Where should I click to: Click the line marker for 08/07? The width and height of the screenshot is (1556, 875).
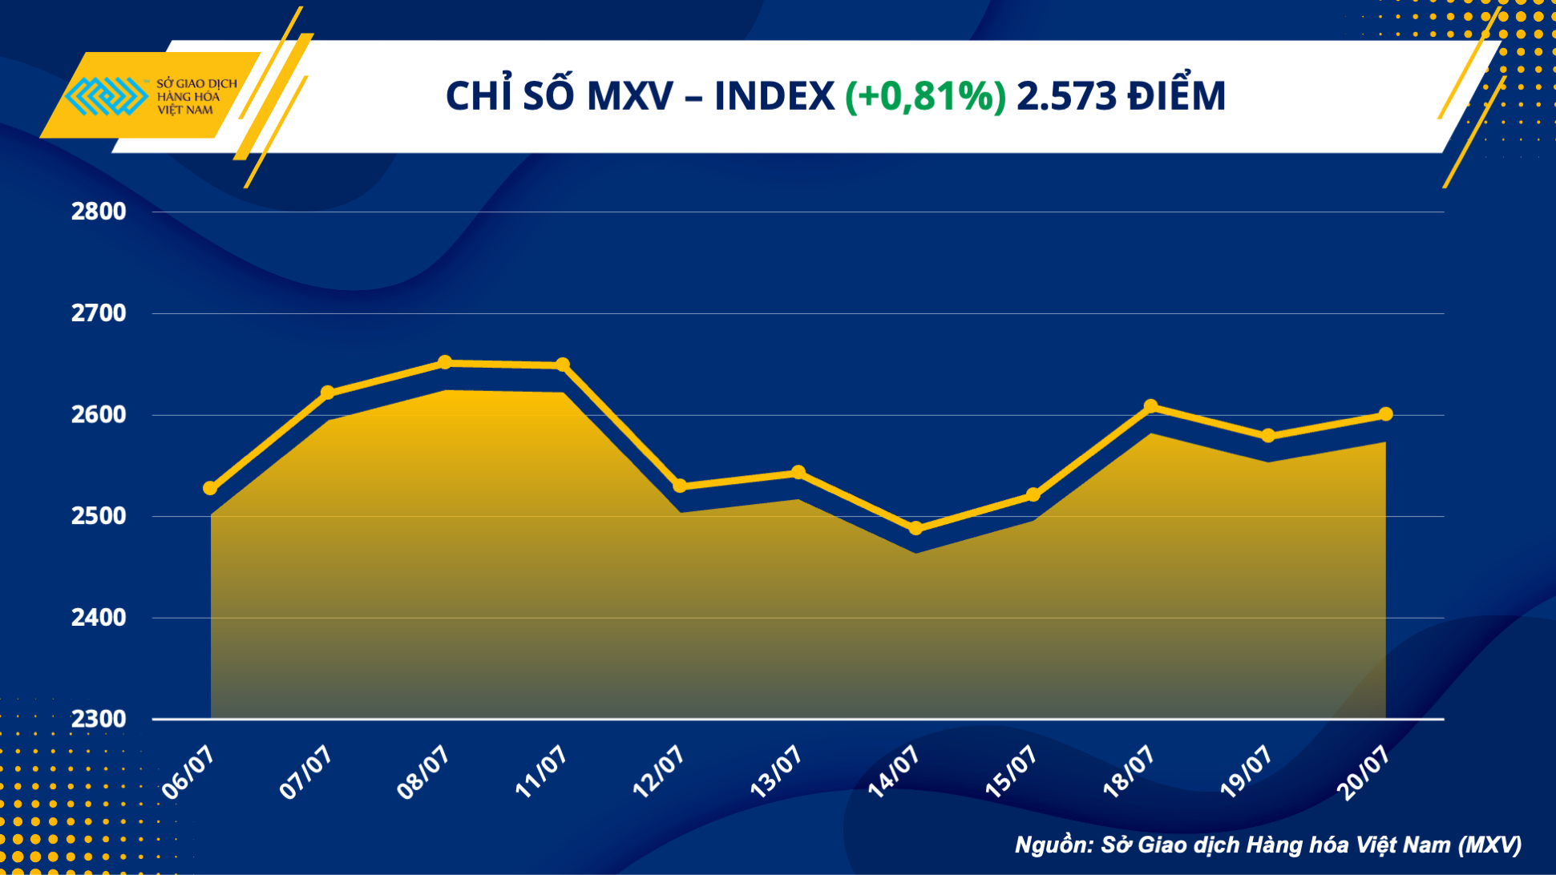pos(445,363)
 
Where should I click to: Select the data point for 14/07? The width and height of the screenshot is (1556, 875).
pos(915,529)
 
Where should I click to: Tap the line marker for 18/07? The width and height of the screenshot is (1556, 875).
pos(1151,406)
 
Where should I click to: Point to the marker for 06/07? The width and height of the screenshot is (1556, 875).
pos(210,488)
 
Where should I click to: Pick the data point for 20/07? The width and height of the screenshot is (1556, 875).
pos(1386,414)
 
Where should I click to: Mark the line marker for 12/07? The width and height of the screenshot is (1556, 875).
pos(680,486)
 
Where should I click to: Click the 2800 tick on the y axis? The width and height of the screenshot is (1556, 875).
pos(99,212)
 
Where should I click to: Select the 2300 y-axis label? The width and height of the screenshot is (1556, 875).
pos(99,719)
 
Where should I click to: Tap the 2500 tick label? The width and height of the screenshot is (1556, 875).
pos(99,516)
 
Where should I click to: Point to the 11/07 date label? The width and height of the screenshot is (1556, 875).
pos(541,771)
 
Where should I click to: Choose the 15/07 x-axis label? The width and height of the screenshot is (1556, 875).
pos(1011,771)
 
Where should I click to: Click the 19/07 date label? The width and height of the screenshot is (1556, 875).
pos(1246,771)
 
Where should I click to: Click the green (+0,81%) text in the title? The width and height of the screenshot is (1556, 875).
pos(925,96)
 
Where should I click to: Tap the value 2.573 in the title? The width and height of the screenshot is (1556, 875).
pos(1066,96)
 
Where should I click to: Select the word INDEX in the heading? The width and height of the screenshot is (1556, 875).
pos(774,96)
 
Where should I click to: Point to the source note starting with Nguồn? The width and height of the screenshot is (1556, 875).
pos(1267,845)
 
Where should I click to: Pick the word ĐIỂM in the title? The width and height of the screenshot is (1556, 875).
pos(1176,96)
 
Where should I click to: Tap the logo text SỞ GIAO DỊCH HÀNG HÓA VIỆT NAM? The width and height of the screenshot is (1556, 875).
pos(196,97)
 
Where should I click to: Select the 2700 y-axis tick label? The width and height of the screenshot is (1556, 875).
pos(99,313)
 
